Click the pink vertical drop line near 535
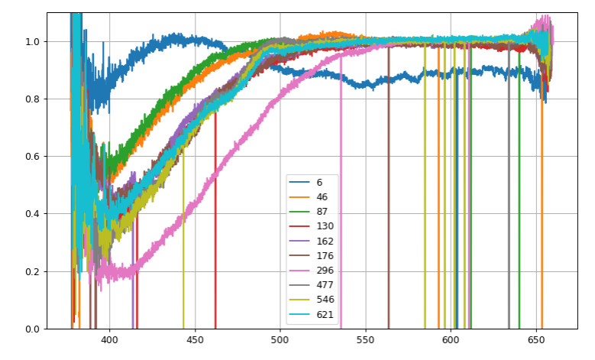point(341,229)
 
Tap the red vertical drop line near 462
point(215,229)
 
